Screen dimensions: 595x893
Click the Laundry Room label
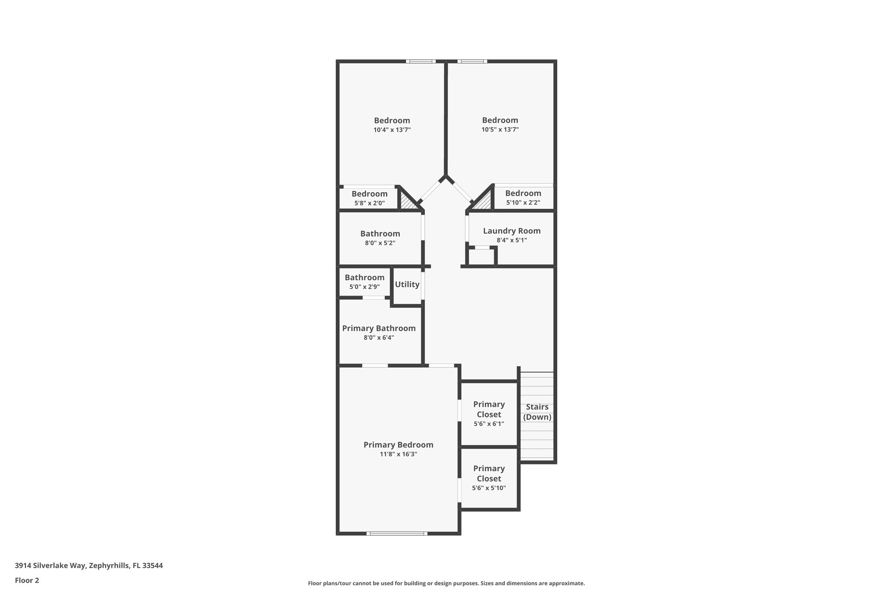511,231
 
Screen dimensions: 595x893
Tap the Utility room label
407,285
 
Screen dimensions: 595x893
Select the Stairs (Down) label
537,412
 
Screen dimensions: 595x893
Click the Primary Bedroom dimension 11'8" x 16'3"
398,454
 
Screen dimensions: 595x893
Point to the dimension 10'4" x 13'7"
392,130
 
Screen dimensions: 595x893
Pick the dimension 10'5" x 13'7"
500,129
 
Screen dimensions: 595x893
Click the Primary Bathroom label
378,328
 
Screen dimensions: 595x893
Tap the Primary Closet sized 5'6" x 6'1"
489,414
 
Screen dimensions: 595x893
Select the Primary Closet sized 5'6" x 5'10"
489,478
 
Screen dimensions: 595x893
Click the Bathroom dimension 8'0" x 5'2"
380,243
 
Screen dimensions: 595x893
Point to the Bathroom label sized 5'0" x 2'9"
365,278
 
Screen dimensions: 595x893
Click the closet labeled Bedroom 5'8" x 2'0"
369,198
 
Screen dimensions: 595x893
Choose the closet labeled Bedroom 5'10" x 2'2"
523,197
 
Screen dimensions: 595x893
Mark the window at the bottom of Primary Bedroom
397,533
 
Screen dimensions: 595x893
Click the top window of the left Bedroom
420,61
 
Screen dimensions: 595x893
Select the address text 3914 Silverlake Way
89,566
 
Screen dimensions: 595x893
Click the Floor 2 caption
27,581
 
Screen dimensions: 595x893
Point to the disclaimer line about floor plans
446,583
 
